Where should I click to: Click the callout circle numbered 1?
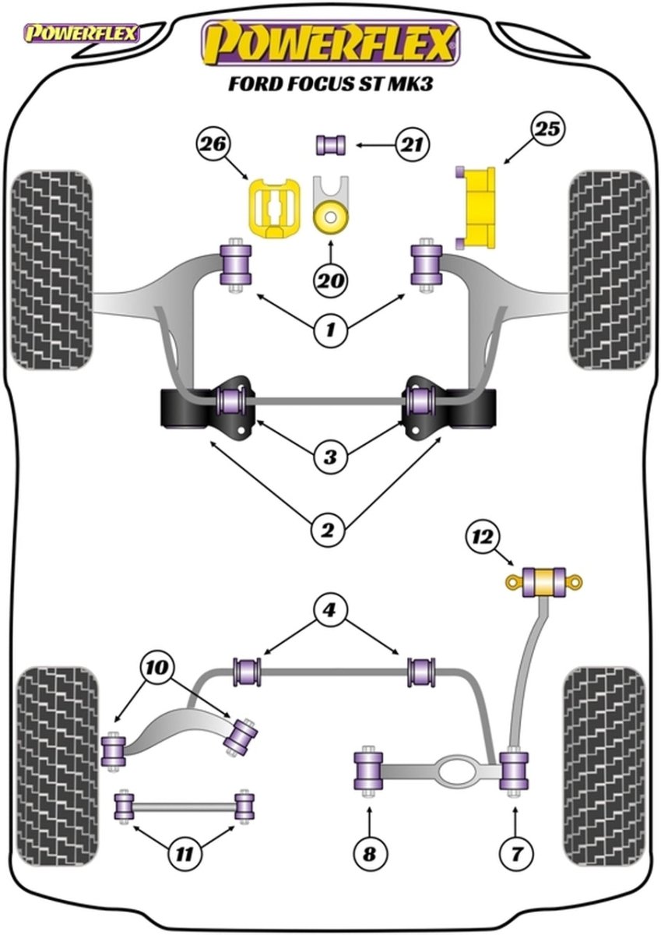point(330,331)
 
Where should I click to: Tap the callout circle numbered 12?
point(484,537)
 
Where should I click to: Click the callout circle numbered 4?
point(330,609)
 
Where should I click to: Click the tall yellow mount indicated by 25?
point(477,205)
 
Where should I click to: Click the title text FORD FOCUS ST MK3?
point(331,83)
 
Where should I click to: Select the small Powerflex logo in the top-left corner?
point(81,33)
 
